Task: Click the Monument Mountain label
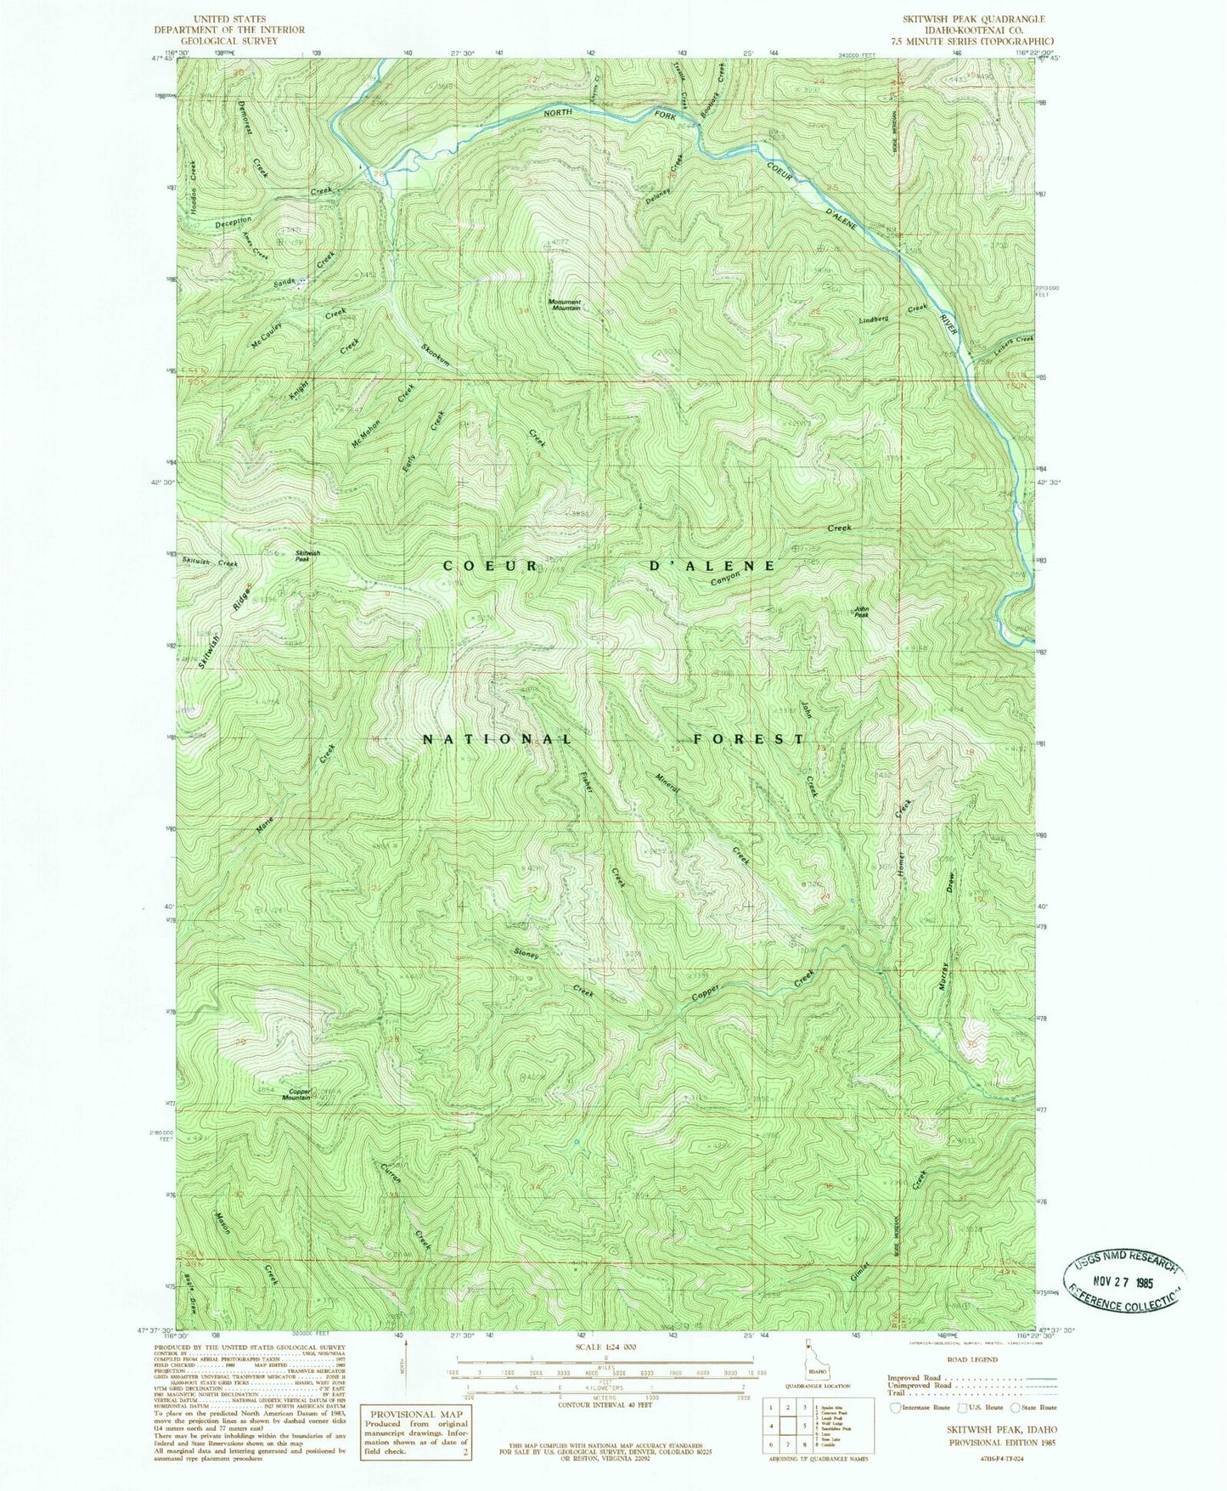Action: tap(564, 305)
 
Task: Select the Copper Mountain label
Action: tap(295, 1094)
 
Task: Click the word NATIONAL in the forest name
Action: tap(498, 739)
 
